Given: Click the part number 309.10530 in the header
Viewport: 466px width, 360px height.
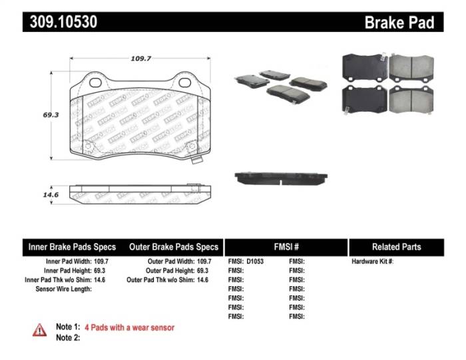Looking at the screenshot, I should [64, 22].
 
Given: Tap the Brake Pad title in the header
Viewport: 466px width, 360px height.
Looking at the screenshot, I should [399, 23].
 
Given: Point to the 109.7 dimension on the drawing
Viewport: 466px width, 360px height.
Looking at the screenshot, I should [140, 59].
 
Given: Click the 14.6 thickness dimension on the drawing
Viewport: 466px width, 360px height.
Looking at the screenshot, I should [51, 195].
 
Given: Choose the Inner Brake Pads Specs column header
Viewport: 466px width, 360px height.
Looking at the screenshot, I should [72, 247].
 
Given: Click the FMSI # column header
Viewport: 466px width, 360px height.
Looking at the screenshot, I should [286, 247].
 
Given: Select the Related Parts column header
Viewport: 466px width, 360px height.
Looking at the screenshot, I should [396, 247].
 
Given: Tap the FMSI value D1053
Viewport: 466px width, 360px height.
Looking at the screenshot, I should [255, 262].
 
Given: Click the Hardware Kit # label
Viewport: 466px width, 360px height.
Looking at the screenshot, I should [373, 262].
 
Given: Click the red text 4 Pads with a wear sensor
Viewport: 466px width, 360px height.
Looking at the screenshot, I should [129, 327].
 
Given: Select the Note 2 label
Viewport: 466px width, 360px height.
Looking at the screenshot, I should [67, 337].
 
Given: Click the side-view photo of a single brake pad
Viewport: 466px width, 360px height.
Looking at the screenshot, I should [282, 178].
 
